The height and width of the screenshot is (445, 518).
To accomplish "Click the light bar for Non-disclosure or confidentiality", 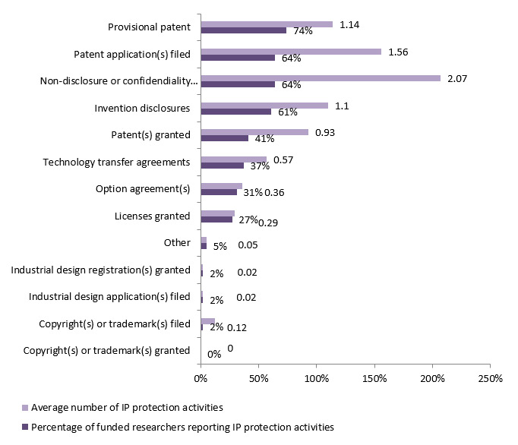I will click(x=321, y=77).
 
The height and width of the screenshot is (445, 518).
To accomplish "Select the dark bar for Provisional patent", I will click(x=243, y=30).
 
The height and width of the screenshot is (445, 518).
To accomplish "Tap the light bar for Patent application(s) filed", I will click(x=291, y=51).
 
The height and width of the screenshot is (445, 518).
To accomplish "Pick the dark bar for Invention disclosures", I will click(x=235, y=112).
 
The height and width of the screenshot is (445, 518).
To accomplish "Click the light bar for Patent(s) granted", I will click(x=254, y=132).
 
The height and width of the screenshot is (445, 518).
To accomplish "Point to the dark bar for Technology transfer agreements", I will click(x=222, y=165).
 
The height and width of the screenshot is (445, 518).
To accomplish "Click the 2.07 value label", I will click(x=456, y=77).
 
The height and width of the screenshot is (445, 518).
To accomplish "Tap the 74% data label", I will click(x=303, y=31).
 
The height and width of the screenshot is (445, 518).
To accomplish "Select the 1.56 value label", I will click(x=399, y=51).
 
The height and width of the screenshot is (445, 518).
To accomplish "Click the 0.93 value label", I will click(x=324, y=132).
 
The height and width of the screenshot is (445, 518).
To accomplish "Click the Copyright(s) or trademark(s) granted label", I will click(x=106, y=350).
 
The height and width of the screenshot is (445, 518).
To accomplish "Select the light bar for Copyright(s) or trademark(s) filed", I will click(x=207, y=321).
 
